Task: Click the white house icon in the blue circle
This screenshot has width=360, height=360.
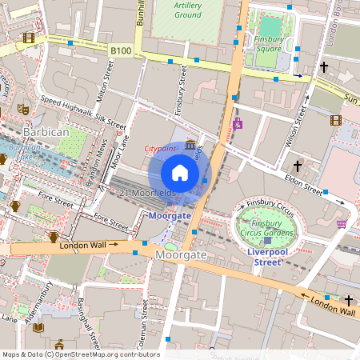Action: (x=180, y=173)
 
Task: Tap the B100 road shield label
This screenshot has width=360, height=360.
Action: (x=121, y=50)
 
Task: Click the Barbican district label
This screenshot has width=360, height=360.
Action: (x=46, y=131)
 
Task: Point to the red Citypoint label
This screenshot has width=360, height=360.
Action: (x=160, y=149)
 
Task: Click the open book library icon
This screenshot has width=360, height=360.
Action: (x=38, y=327)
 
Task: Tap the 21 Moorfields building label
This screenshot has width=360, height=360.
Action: (x=146, y=194)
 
